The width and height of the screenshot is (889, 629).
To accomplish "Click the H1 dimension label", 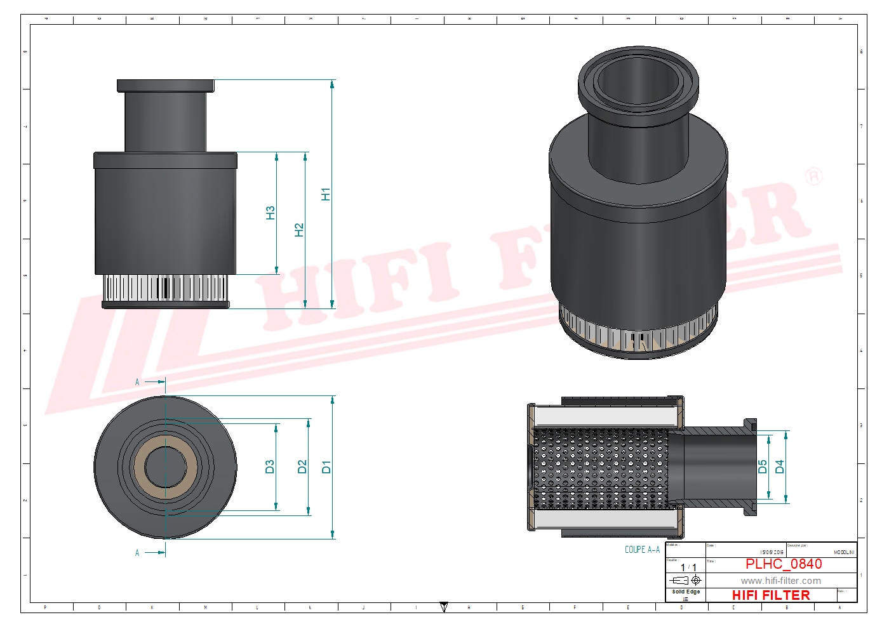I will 326,194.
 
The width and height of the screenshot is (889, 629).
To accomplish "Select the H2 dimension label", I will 299,230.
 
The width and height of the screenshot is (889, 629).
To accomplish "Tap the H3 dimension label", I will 271,213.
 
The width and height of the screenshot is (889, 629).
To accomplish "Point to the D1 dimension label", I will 326,467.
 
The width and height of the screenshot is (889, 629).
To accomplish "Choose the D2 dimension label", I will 302,467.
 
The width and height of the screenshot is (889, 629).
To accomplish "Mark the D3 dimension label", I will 270,467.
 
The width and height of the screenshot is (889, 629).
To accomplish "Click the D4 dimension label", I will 780,467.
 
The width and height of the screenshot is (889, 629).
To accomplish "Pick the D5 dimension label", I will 763,467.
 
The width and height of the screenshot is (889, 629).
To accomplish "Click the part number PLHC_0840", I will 783,564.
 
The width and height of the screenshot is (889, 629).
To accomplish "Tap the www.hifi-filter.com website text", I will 780,581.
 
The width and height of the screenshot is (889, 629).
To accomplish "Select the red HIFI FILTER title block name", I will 771,595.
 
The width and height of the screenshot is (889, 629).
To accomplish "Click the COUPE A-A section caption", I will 642,550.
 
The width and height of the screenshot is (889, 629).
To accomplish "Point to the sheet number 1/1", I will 688,567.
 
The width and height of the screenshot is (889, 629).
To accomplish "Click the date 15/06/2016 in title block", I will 772,552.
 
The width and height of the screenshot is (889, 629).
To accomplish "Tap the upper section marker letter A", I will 137,382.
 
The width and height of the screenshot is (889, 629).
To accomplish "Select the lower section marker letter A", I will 137,553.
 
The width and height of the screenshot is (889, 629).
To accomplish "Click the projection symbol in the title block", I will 686,580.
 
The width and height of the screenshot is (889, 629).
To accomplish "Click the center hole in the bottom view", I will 165,467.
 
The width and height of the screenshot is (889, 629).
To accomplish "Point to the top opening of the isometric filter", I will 638,81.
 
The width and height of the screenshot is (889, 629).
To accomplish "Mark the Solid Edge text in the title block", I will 686,592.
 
